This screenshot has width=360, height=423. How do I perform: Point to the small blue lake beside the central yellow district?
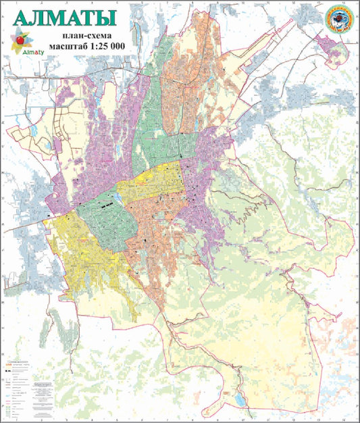click(x=118, y=197)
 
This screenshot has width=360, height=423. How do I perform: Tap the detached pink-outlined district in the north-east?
click(x=330, y=49)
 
